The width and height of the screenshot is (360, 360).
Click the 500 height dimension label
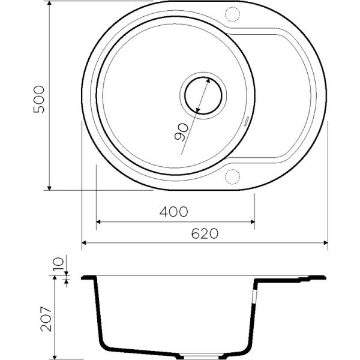39,99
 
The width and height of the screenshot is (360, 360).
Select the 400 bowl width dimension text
175,212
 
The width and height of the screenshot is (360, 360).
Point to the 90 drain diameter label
181,131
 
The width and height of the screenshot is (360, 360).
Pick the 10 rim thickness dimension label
58,265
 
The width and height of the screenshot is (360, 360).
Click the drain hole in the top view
202,95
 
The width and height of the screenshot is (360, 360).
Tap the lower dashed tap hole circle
232,176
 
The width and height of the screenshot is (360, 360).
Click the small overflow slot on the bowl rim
247,120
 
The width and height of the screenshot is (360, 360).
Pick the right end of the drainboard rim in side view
324,277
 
